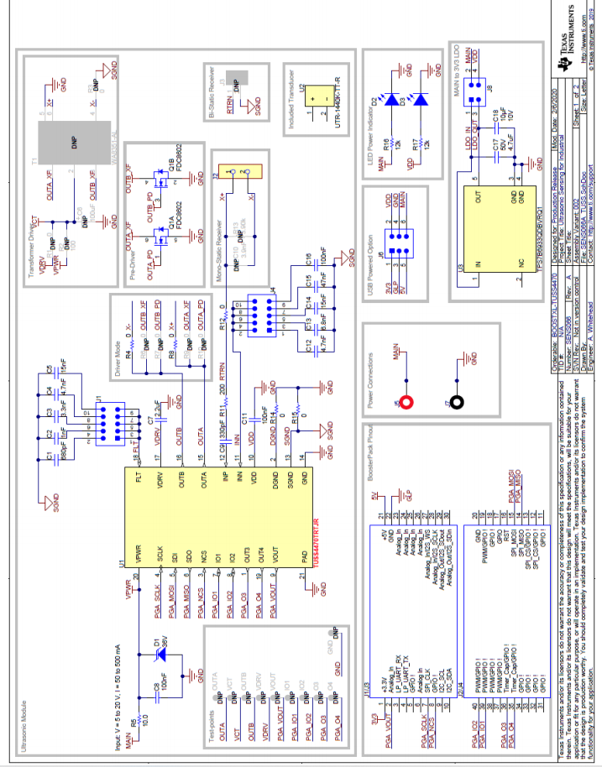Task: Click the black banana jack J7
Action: [458, 401]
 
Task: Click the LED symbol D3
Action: [421, 99]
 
